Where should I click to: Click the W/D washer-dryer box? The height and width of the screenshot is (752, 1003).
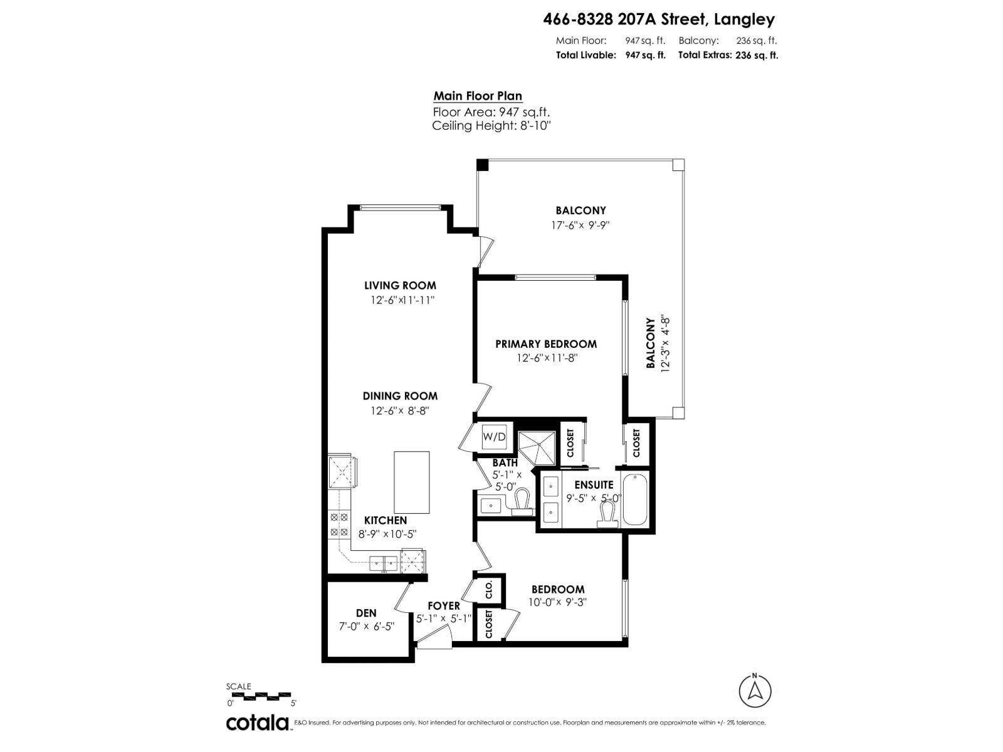click(494, 437)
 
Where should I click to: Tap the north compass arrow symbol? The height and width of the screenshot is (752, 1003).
click(755, 692)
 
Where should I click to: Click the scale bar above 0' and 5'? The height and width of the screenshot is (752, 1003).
click(259, 696)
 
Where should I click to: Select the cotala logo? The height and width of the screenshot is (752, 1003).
click(258, 723)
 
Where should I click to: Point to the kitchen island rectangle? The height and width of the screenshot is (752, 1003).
click(411, 482)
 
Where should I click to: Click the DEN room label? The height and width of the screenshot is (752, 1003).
click(366, 613)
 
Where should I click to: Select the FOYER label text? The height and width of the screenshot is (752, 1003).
click(444, 606)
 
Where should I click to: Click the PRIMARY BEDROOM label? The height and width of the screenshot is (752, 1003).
click(546, 344)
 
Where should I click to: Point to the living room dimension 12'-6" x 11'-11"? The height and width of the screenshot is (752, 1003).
click(402, 300)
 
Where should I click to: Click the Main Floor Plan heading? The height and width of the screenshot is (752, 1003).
click(478, 97)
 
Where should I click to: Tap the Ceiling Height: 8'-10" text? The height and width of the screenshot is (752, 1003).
click(491, 126)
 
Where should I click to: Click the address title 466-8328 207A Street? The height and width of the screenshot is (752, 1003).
click(658, 19)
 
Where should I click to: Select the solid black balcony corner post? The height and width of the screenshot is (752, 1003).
click(482, 165)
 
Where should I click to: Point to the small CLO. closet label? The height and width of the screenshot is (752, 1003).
click(490, 589)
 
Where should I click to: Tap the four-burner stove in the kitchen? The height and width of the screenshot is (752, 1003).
click(339, 525)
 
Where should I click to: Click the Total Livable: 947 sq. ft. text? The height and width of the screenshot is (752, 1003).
click(610, 55)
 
